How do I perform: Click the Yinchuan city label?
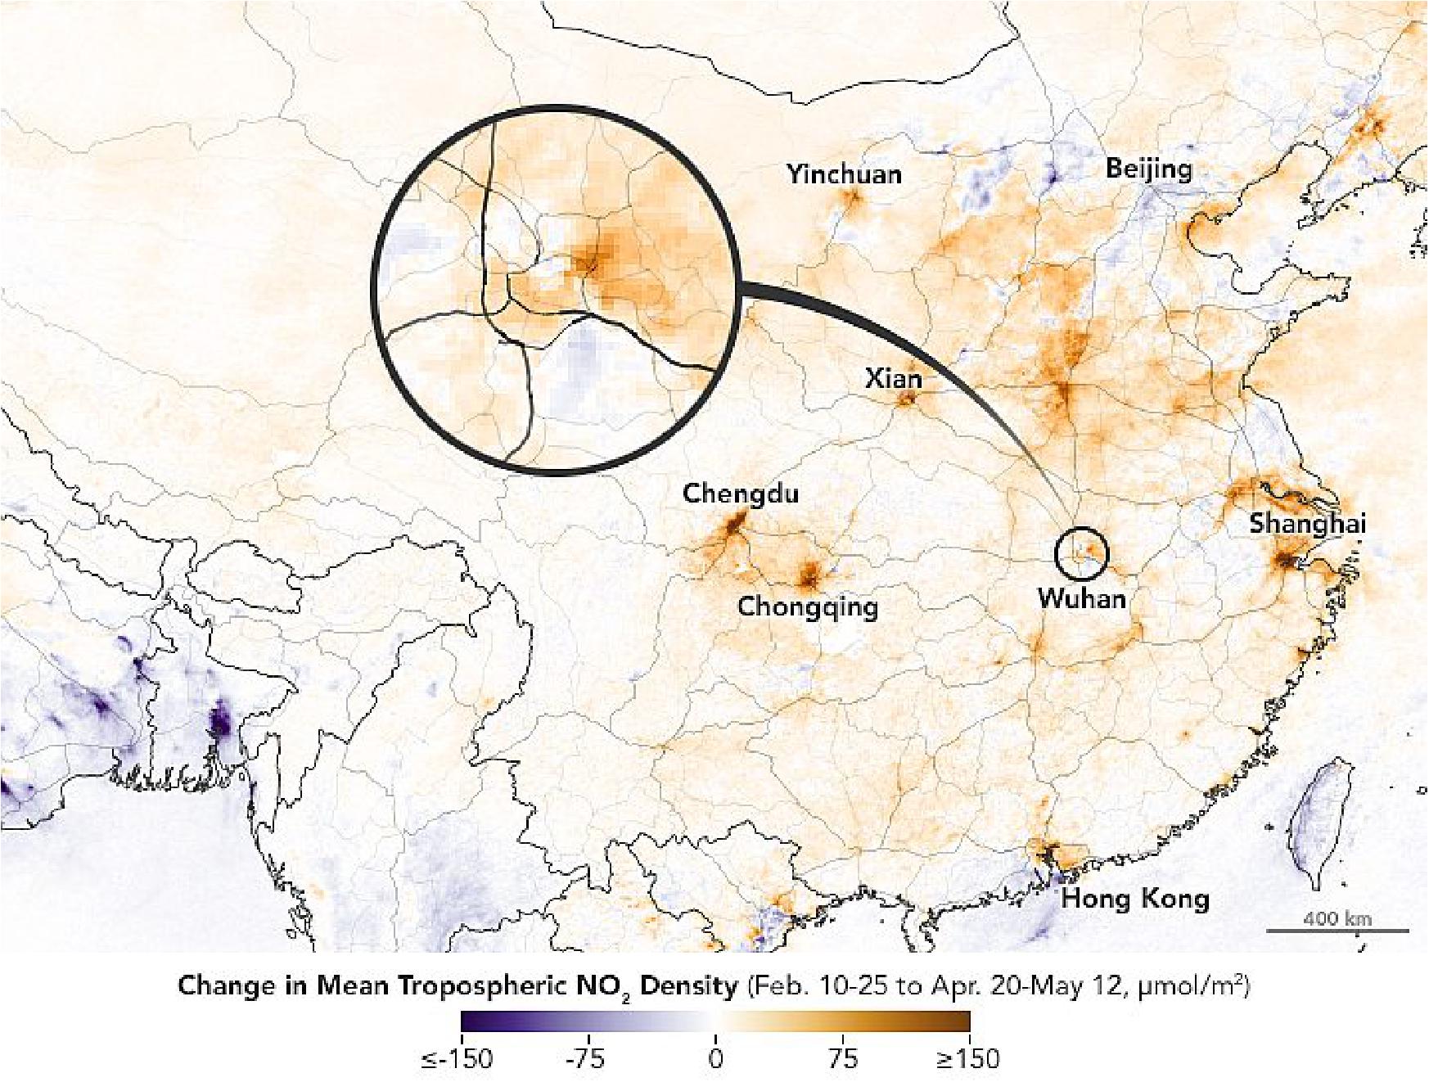pos(844,174)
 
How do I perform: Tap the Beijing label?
pos(1149,169)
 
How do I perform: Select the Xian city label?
pos(893,378)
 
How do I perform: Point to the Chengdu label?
pos(741,494)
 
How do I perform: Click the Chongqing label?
pos(808,606)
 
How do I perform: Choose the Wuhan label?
pos(1081,598)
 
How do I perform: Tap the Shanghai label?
pos(1307,524)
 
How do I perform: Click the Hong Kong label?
pos(1135,899)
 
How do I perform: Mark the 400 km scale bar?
pos(1337,930)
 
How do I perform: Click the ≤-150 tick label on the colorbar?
pos(458,1059)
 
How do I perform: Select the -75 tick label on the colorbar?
pos(586,1059)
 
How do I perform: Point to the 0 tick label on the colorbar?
pos(715,1059)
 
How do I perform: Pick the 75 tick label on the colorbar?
pos(843,1059)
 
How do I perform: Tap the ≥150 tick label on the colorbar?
pos(968,1059)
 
